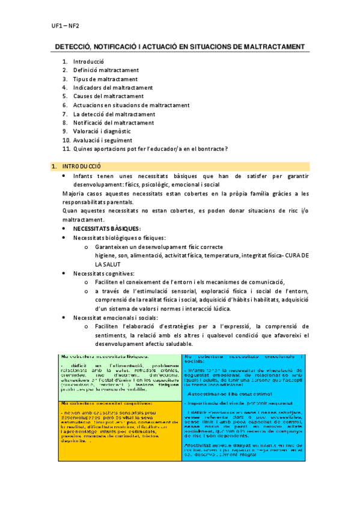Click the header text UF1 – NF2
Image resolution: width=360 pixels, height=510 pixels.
64,26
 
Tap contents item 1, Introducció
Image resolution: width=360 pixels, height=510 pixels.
88,62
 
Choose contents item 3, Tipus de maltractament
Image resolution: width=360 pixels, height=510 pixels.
105,79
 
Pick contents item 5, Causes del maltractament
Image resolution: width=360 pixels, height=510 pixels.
108,96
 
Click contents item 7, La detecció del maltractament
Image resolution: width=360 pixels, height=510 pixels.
114,114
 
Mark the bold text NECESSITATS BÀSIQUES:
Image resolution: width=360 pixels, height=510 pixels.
107,229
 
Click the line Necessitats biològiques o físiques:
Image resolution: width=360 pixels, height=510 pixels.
119,238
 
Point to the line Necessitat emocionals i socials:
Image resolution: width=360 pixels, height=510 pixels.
115,318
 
